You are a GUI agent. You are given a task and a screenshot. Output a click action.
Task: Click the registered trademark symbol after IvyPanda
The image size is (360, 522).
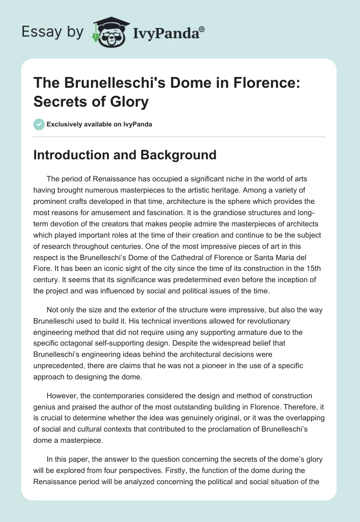point(202,29)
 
